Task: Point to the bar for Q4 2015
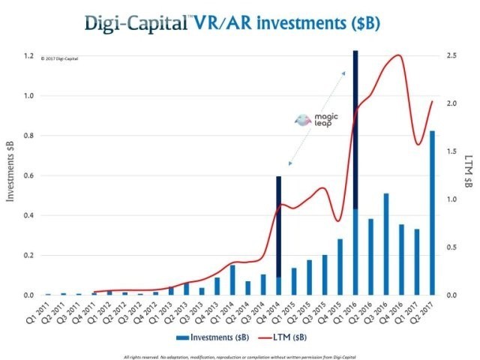[340, 267]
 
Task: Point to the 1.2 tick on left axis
[28, 56]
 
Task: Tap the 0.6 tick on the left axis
[28, 175]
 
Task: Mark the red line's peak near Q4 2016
[398, 55]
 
